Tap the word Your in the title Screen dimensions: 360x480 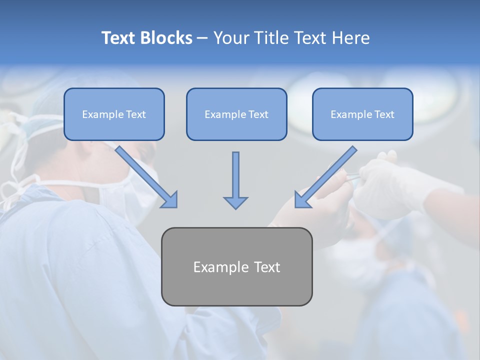[x=231, y=38]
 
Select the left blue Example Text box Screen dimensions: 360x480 [x=114, y=114]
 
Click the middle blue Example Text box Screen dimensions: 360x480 [x=236, y=114]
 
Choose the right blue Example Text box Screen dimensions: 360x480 [x=362, y=114]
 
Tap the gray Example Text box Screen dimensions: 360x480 [x=236, y=266]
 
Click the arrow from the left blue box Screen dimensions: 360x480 [x=145, y=175]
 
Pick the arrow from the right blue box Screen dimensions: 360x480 [x=327, y=175]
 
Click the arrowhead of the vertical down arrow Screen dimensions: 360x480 [x=235, y=202]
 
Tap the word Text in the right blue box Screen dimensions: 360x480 [x=384, y=114]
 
